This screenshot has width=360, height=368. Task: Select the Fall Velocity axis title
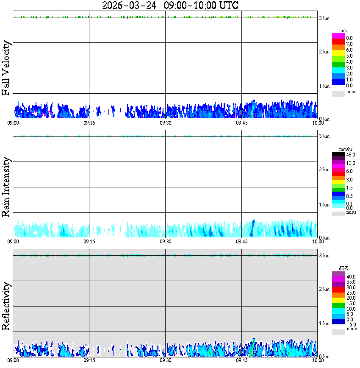click(x=6, y=68)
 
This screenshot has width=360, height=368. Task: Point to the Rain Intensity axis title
click(x=6, y=187)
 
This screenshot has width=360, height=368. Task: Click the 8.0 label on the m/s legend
click(x=349, y=38)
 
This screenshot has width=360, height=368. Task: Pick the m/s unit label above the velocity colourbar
click(x=343, y=31)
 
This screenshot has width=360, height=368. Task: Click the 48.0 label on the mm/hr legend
click(x=350, y=155)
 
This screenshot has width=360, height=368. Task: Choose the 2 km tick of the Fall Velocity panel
click(x=324, y=52)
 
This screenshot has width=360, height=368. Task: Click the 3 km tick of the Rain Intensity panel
click(x=324, y=136)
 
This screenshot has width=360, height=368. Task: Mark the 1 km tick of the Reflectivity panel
click(x=324, y=323)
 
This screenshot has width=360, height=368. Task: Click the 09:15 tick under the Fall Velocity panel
click(x=89, y=123)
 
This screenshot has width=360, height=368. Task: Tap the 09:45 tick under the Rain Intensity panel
click(x=241, y=242)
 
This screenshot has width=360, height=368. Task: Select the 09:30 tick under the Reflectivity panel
click(x=165, y=360)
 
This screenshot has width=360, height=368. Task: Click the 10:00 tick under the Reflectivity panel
click(x=318, y=360)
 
